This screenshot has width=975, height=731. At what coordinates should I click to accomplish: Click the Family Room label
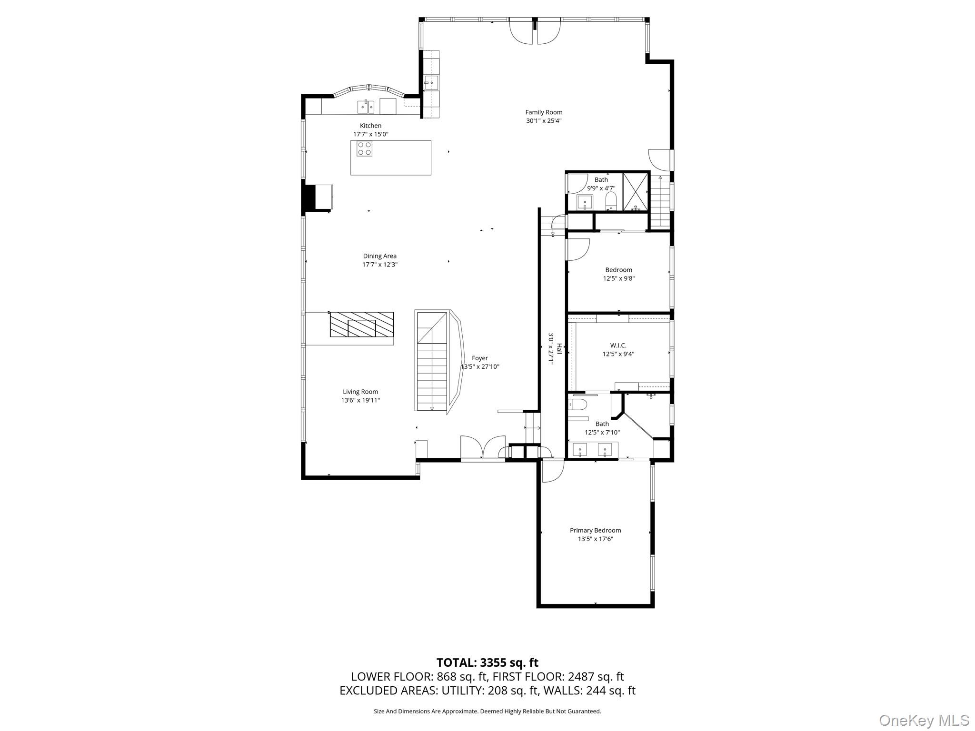point(544,112)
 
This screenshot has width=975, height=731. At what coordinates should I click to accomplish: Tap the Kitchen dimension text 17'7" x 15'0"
point(370,134)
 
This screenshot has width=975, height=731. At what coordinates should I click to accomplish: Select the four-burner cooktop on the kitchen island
point(365,148)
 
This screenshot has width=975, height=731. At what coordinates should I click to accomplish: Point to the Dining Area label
point(379,256)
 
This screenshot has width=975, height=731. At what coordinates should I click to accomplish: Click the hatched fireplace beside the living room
point(361,325)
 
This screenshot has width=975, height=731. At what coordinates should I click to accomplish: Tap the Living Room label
point(360,392)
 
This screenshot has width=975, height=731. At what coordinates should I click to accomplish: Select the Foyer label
point(479,358)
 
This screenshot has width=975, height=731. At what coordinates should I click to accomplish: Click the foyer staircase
point(432,362)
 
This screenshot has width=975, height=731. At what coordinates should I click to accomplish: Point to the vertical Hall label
point(559,349)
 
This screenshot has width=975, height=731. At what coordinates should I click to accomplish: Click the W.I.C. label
point(618,345)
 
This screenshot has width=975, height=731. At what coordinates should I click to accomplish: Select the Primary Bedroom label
point(595,530)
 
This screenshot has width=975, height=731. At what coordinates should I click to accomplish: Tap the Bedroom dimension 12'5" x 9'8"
point(618,278)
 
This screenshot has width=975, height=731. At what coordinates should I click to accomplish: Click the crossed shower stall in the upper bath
point(636,192)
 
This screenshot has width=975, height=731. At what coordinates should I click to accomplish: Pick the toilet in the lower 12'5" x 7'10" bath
point(578,405)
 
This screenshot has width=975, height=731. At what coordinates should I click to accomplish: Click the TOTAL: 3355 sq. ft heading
point(487,662)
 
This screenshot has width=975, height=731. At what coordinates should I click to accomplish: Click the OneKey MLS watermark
point(924,720)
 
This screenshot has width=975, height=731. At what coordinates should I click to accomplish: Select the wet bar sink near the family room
point(431,83)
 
